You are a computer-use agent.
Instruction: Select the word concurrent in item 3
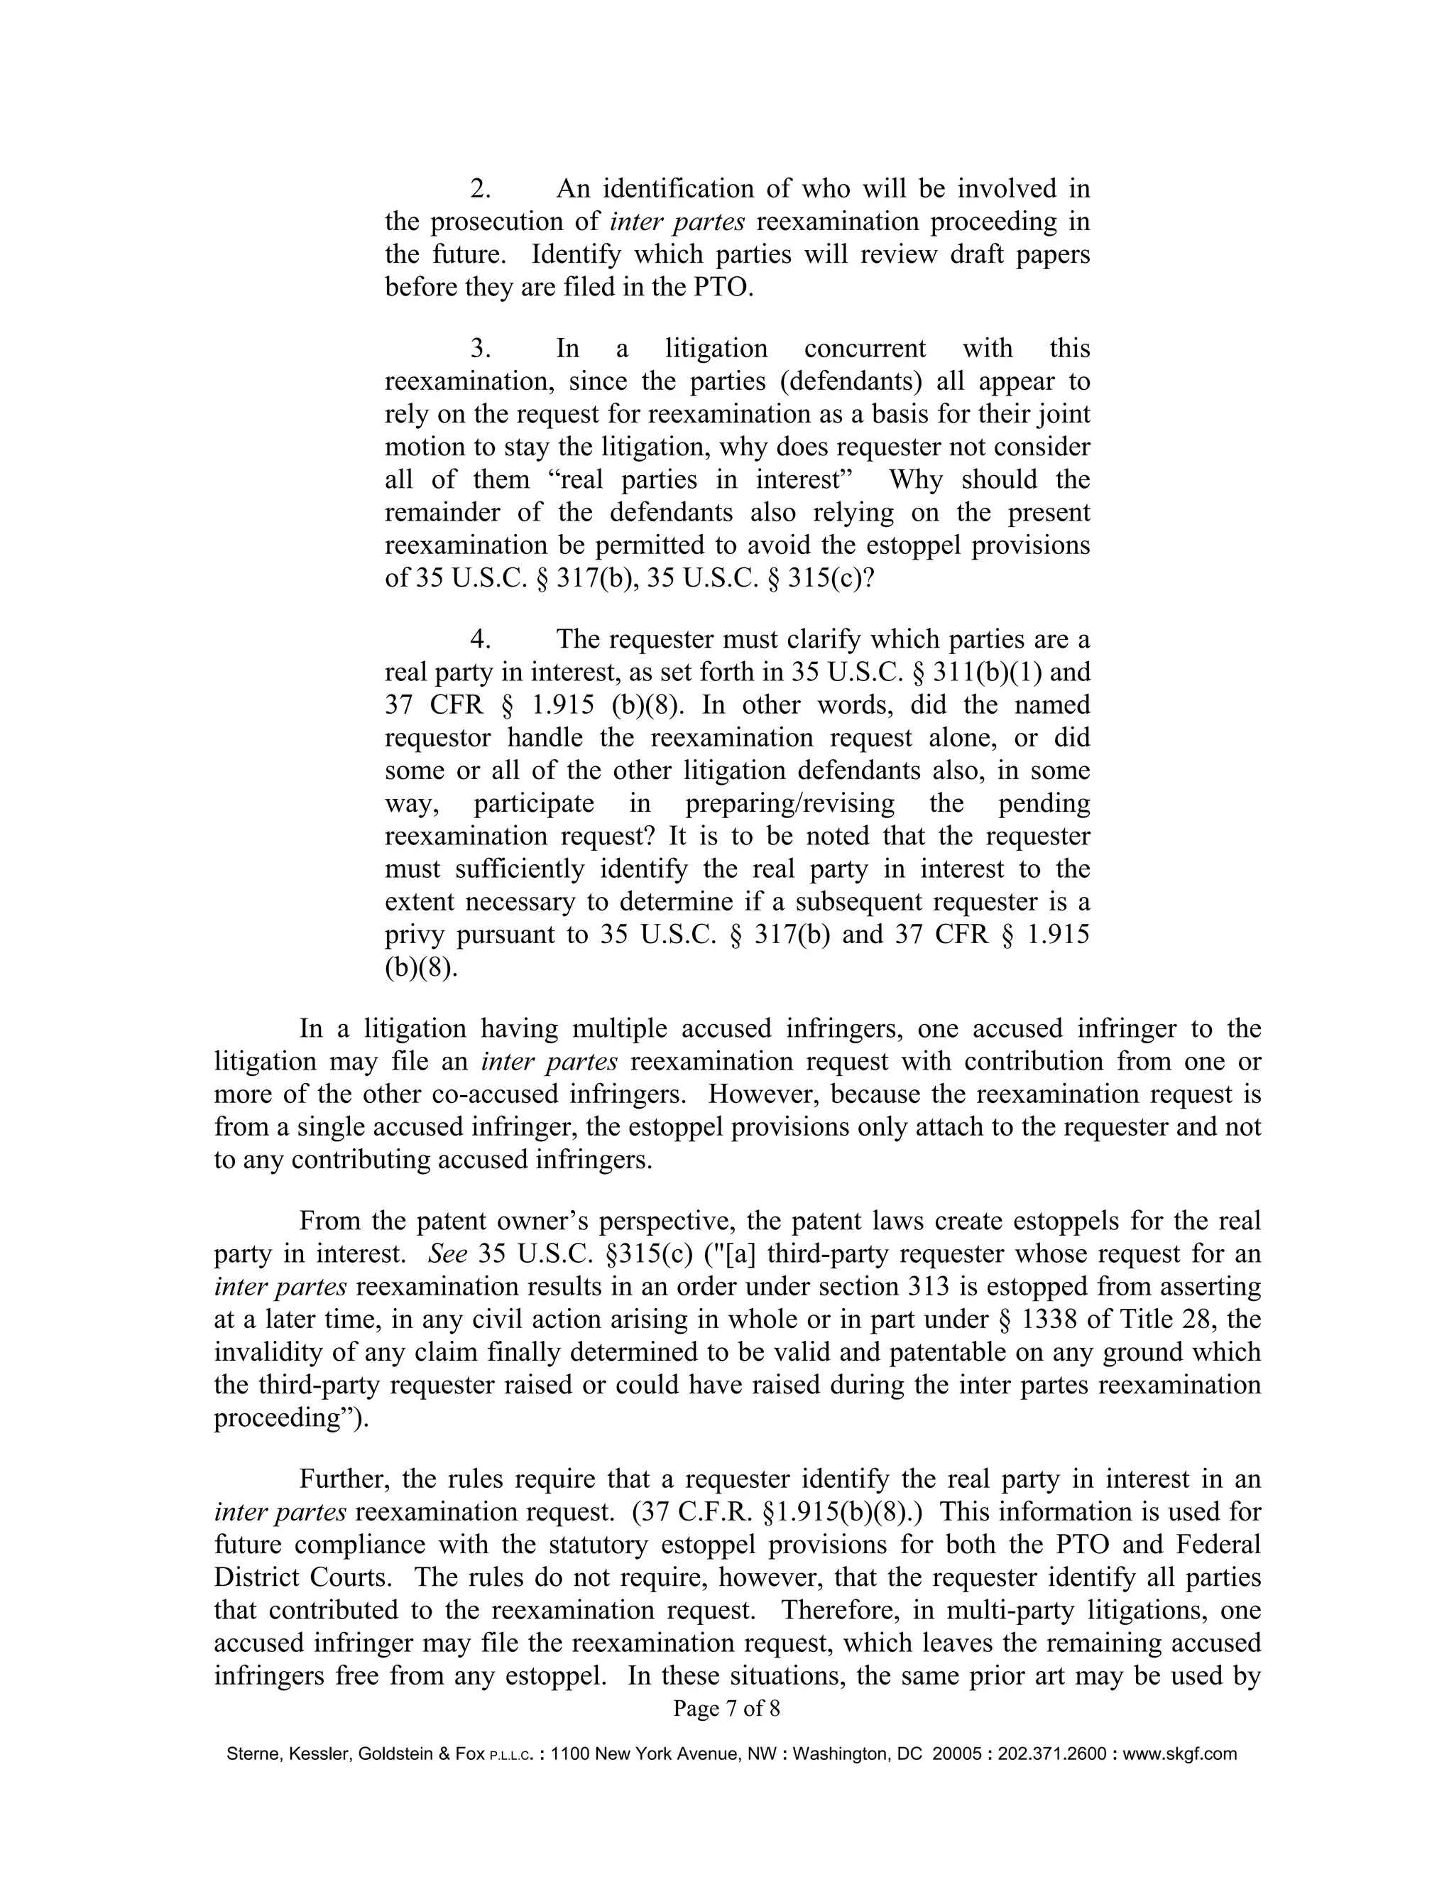coord(864,349)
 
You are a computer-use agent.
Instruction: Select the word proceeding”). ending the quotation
coord(290,1418)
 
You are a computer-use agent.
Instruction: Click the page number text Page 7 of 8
coord(726,1709)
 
